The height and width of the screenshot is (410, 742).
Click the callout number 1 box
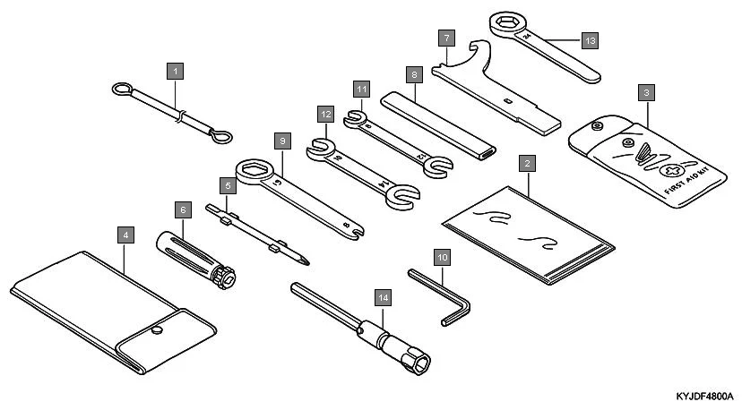pos(176,69)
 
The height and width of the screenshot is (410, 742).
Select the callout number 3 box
pos(647,91)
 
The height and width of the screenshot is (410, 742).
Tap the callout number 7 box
pos(444,38)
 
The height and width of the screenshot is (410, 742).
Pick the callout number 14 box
pos(384,296)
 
